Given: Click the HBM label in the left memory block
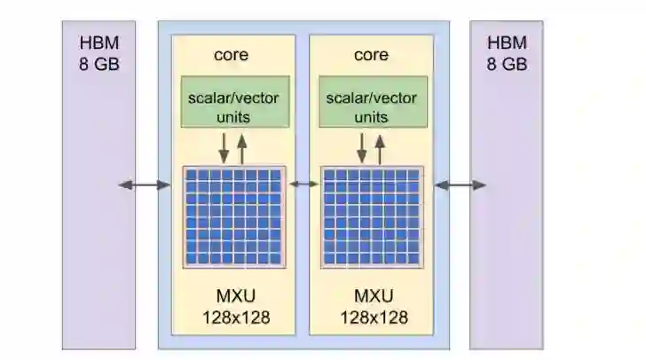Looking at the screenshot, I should [x=99, y=44].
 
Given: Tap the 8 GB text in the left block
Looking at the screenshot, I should [x=99, y=65].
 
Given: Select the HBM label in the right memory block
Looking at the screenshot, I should [x=507, y=44].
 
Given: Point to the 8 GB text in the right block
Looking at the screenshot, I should [x=507, y=65].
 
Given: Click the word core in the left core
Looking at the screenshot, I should [x=232, y=55].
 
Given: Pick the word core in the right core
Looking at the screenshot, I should [x=371, y=55].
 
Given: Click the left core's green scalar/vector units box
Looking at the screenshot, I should [x=234, y=102].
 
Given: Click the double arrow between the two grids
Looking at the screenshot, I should [x=303, y=184].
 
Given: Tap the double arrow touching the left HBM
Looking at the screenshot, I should [x=144, y=184].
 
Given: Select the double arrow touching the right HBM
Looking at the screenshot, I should [x=460, y=184].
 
